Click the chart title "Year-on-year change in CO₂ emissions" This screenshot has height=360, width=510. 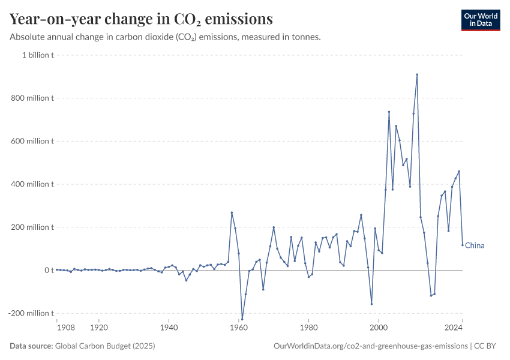(x=141, y=19)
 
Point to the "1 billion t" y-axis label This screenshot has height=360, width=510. (x=38, y=55)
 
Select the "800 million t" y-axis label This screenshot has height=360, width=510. (x=35, y=98)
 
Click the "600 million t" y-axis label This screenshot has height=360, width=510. (x=35, y=142)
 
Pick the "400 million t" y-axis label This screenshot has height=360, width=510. (x=35, y=184)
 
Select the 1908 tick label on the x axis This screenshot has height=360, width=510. (x=65, y=328)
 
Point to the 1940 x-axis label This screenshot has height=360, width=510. (x=169, y=328)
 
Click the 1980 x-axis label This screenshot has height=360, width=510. (x=308, y=328)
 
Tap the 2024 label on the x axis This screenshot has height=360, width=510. (x=454, y=328)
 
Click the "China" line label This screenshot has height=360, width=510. (x=475, y=245)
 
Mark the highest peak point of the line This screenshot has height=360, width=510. (x=417, y=74)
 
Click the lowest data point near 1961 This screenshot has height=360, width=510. (x=242, y=319)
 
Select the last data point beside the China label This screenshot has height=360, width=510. (x=463, y=245)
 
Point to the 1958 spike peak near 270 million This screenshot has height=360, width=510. (x=232, y=212)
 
